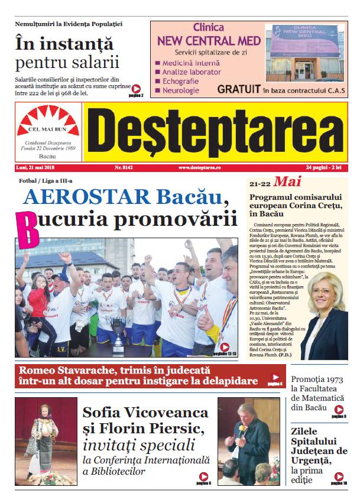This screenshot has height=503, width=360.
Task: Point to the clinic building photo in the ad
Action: coord(305,53)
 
